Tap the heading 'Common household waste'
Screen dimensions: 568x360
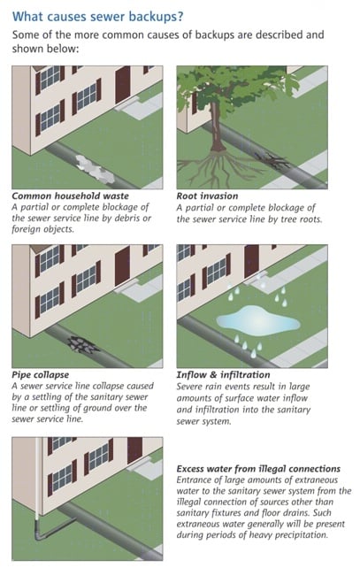point(70,195)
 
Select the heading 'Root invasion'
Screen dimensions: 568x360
point(213,195)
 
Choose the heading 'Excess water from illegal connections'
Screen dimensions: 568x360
point(258,468)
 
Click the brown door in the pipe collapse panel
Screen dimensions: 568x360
point(121,270)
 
